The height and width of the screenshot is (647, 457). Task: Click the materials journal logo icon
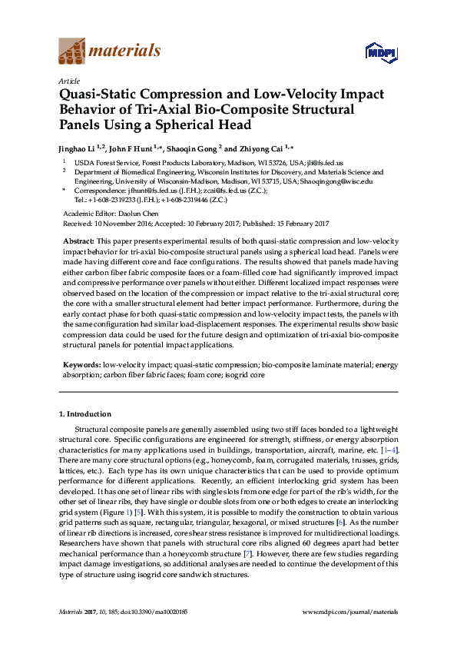click(71, 51)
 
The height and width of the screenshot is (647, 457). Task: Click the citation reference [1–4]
click(389, 448)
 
